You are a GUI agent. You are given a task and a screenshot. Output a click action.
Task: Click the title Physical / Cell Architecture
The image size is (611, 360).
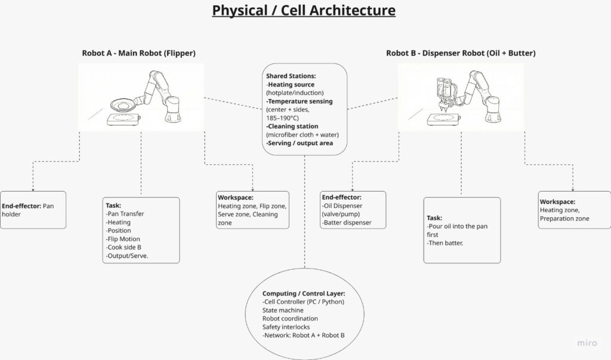[x=304, y=11]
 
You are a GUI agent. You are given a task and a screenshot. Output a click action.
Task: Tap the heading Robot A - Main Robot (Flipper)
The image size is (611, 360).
[x=138, y=53]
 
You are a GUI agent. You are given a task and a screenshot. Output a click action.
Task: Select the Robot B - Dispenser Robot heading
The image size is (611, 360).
[x=461, y=53]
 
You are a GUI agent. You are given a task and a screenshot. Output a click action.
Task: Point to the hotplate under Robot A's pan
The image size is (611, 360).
[x=122, y=119]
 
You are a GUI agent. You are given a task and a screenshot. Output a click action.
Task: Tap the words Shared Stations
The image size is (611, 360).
[x=291, y=76]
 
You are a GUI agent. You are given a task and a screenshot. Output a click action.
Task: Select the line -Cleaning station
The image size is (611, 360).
[x=292, y=127]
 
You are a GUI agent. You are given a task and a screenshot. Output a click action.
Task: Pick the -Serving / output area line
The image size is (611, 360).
[x=298, y=143]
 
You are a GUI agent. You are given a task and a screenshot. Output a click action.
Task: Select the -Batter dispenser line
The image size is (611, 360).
[x=346, y=223]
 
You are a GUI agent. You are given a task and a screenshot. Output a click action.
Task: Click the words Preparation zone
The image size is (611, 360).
[x=564, y=219]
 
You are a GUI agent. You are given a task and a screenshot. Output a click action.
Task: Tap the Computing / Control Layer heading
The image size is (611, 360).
[x=303, y=294]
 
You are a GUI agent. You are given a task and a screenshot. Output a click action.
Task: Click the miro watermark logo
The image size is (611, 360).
[x=587, y=343]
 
